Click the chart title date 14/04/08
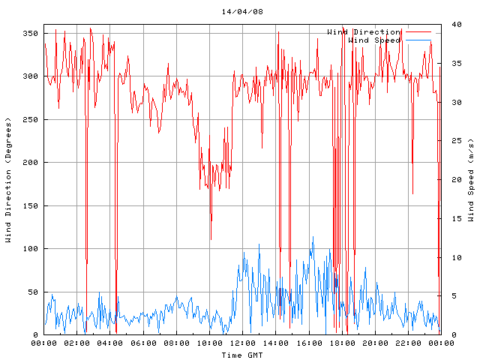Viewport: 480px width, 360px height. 242,12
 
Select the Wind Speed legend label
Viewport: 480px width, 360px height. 374,40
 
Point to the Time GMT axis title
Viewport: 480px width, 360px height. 242,355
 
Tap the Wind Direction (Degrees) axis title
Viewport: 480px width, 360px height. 8,180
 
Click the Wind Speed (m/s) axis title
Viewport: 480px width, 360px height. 471,180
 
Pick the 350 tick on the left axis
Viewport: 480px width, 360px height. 30,33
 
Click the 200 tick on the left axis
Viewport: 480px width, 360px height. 30,162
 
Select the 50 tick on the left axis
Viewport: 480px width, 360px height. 32,292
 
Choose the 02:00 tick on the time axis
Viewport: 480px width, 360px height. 77,343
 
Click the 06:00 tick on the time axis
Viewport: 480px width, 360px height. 143,343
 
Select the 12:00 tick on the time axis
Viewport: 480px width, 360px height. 242,343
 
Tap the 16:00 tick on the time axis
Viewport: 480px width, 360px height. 308,343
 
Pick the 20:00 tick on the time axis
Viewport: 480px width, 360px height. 374,343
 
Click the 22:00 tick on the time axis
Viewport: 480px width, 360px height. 407,343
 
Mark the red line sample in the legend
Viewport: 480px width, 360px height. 420,32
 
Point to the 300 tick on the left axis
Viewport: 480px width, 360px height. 30,76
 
